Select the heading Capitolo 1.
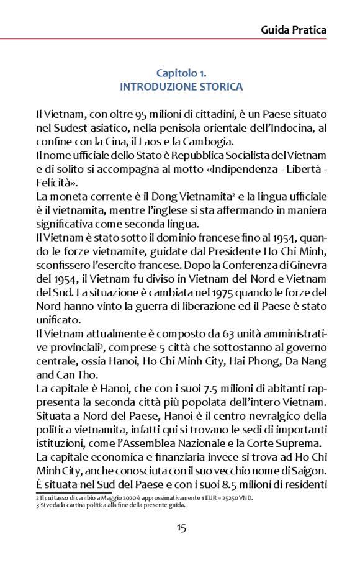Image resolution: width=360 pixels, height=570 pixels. click(x=181, y=73)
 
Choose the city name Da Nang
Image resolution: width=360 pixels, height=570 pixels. click(x=299, y=361)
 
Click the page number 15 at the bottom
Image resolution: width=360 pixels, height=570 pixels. click(x=181, y=528)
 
